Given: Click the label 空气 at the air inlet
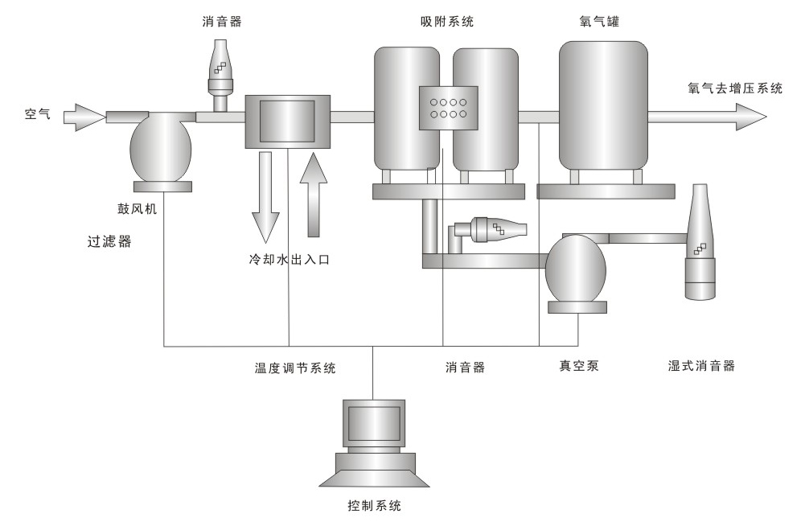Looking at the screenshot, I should point(37,115).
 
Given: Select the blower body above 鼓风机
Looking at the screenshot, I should point(162,149).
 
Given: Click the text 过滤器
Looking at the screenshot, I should point(109,241).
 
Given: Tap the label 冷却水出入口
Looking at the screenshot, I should point(289,260).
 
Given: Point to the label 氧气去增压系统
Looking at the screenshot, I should point(735,89).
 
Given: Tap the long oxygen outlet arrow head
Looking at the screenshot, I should point(752,117).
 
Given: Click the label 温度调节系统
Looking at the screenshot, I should point(294,368).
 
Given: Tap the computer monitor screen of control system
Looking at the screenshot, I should point(372,421).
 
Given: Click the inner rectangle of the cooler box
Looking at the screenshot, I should point(287,121).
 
